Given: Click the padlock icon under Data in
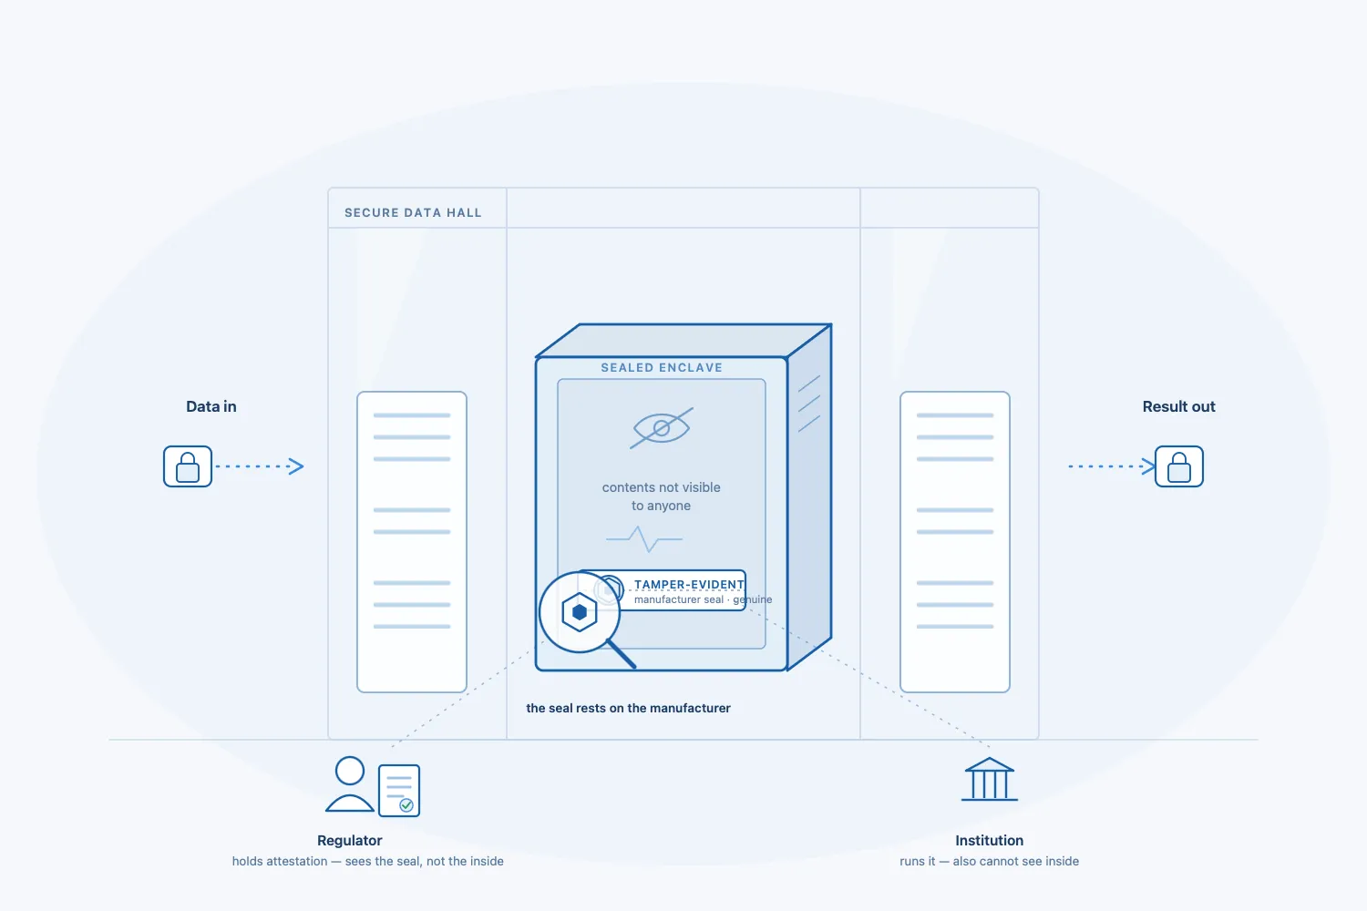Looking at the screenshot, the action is point(188,466).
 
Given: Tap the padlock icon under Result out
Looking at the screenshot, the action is point(1179,466).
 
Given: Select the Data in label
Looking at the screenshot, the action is point(211,406).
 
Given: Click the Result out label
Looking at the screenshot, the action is point(1178,406).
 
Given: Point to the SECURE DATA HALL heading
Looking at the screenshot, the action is point(413,212).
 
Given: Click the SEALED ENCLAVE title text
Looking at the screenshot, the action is point(662,367).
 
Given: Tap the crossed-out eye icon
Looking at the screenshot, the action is point(662,428).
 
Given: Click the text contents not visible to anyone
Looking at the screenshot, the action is point(661,496).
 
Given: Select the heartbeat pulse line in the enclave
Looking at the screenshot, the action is point(644,538).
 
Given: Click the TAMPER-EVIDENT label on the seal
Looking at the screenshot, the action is point(689,584).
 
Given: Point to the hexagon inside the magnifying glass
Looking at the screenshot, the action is point(579,611).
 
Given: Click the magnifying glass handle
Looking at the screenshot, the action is point(622,653).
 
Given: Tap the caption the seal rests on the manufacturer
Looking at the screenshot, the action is point(628,708).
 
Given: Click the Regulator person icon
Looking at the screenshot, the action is point(350,784).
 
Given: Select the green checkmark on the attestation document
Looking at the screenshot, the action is point(406,805).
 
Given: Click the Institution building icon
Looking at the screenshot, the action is point(989,779).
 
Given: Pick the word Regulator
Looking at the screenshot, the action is point(350,840).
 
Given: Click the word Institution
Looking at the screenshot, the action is point(989,840).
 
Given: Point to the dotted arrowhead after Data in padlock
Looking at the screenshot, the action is point(296,466).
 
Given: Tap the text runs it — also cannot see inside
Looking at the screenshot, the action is point(989,861).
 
